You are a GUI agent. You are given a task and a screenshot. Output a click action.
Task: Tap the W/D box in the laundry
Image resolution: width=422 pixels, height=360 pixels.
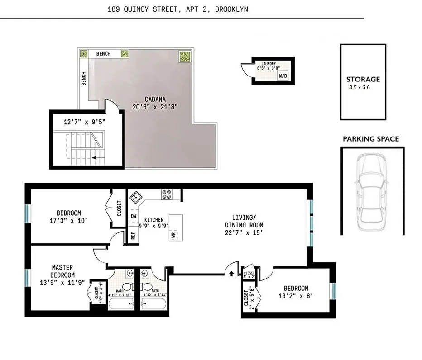tap(283, 76)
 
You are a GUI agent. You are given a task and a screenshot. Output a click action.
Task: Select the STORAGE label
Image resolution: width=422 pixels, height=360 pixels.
tap(363, 79)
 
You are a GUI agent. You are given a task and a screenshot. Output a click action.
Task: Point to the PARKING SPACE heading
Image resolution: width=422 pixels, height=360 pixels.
tap(371, 139)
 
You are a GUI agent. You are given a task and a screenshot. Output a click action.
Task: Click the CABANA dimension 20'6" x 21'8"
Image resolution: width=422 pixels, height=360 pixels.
tap(154, 107)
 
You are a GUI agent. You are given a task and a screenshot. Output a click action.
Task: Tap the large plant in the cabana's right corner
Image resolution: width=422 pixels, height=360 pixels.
tap(185, 57)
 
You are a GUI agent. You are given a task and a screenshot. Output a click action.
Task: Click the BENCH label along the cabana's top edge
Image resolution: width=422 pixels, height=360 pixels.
tap(103, 54)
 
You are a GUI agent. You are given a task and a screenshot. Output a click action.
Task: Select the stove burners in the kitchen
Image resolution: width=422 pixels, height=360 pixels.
tap(166, 194)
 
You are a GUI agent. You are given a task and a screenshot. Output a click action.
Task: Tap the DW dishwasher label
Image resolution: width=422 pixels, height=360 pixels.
tap(133, 217)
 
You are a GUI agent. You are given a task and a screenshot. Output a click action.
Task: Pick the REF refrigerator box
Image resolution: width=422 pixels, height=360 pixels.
tap(133, 236)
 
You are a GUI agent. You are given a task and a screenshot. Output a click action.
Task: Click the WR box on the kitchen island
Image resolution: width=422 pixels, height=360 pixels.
tap(173, 235)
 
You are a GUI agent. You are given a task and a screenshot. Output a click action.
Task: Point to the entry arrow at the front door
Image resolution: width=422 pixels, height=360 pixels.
tap(232, 273)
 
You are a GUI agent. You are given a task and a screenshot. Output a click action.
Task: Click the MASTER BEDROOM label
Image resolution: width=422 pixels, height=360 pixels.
tap(62, 271)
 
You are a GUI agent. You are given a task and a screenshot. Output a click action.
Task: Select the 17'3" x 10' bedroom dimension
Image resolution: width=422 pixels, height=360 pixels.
tap(68, 221)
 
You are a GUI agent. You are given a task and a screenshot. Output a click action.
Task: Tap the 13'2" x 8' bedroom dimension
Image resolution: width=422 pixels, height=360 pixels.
tap(296, 297)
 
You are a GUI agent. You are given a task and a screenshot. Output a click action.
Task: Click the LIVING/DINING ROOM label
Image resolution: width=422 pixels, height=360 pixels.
tap(244, 221)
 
